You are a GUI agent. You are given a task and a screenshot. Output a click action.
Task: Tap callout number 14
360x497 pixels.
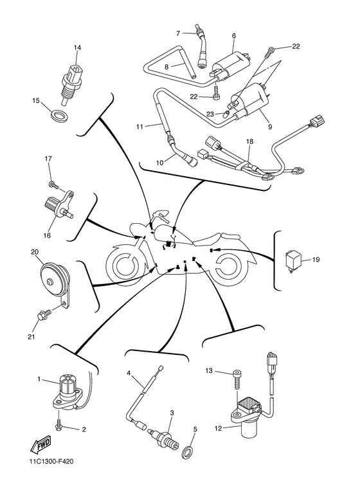[77, 48]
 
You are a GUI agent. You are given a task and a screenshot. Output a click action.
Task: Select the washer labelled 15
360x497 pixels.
[59, 116]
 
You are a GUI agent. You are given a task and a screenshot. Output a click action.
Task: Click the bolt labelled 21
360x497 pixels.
[44, 316]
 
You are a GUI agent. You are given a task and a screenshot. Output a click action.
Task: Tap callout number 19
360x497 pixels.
[316, 260]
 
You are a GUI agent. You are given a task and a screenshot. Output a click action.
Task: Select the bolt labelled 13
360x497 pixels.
[237, 380]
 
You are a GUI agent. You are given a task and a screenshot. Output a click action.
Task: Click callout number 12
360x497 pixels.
[218, 429]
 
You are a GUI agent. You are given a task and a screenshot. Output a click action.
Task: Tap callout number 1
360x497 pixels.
[39, 379]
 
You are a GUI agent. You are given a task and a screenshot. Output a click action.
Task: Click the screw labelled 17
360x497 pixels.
[54, 184]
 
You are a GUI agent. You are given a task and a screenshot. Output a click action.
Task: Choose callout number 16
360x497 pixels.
[47, 235]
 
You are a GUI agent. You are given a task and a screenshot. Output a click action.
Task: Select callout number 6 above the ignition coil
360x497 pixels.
[234, 36]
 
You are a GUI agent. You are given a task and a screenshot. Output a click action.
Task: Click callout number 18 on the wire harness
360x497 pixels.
[249, 141]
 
